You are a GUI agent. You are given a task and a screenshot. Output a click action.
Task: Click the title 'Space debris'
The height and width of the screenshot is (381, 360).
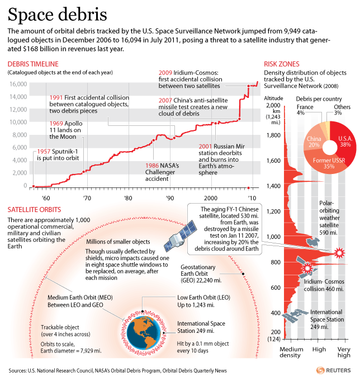[57, 15]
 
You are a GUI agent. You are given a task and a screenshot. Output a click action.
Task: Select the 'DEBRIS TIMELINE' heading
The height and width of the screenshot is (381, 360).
[33, 64]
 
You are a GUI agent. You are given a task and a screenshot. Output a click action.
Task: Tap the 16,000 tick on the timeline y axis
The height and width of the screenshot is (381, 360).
[18, 84]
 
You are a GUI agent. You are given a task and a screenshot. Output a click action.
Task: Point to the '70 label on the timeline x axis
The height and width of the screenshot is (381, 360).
[87, 198]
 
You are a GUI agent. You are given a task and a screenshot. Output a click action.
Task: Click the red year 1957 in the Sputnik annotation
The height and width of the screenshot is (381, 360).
[44, 152]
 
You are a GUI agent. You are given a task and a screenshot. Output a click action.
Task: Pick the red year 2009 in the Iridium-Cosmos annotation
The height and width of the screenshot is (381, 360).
[165, 73]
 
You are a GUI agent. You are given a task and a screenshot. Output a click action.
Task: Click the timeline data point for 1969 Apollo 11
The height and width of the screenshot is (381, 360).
[84, 172]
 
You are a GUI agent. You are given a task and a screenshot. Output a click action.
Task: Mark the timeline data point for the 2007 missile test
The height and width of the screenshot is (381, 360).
[239, 119]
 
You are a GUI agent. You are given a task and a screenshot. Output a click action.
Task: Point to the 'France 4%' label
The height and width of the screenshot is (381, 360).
[305, 110]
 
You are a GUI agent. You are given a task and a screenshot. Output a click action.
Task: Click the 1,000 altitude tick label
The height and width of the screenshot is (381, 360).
[273, 237]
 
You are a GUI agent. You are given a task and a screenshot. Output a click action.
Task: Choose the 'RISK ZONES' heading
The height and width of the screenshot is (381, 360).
[282, 64]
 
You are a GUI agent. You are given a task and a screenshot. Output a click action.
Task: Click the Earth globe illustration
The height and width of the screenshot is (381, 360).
[144, 332]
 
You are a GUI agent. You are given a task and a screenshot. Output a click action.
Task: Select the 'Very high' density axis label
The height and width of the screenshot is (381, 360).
[344, 352]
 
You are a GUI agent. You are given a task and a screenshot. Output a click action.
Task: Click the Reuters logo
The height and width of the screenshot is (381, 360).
[334, 370]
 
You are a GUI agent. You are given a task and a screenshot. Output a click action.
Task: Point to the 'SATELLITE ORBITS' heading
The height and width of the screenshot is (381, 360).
[34, 210]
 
